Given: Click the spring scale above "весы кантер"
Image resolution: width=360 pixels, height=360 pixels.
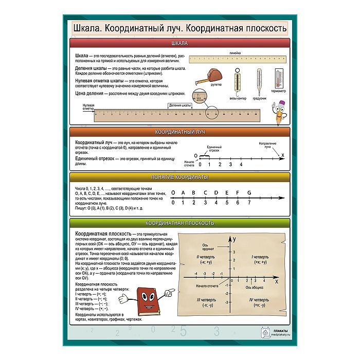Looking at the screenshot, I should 237,81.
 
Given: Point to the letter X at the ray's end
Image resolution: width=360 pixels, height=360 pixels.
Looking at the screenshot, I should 281,154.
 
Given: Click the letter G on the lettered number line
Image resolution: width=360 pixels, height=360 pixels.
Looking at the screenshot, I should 249,193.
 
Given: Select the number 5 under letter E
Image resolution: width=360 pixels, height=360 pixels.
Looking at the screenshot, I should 227,202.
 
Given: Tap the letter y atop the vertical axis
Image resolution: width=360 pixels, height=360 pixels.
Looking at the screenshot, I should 234,240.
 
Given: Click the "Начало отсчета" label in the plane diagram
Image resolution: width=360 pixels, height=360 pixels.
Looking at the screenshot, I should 208,285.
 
